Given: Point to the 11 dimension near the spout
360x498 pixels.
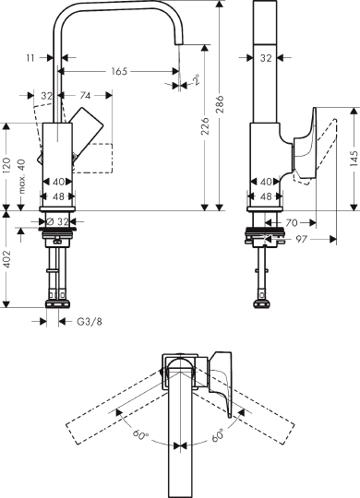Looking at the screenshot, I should tap(30, 57).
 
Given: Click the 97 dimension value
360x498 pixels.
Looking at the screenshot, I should tap(302, 239).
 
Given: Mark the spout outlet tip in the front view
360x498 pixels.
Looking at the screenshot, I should tap(175, 75).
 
